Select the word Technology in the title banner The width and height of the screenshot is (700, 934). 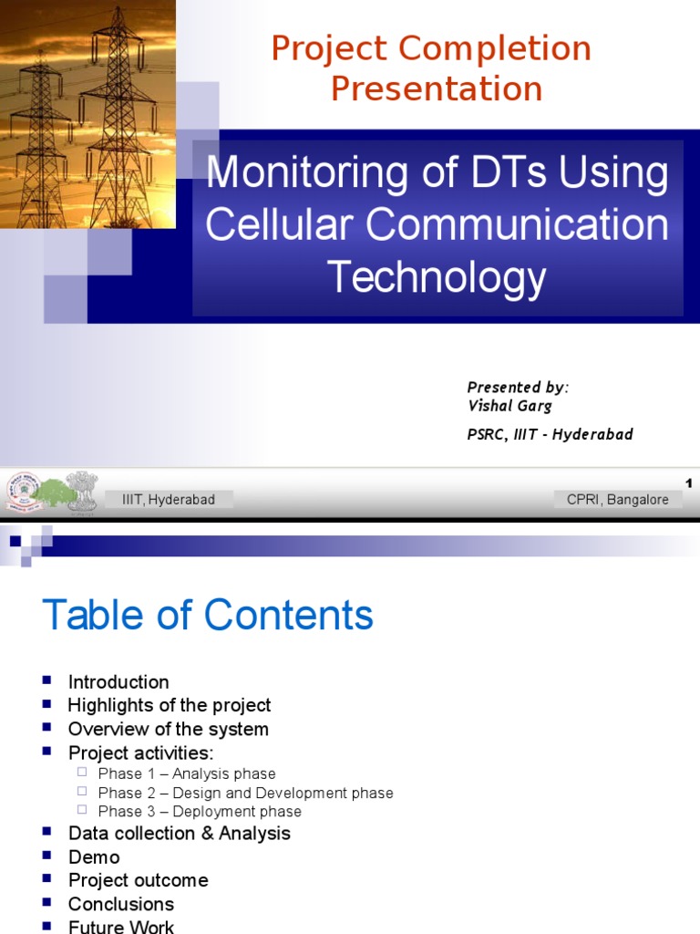pos(437,276)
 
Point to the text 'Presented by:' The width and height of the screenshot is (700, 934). pos(518,387)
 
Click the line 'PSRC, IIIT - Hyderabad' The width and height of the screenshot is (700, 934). pos(550,434)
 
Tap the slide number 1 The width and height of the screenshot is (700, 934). pos(689,483)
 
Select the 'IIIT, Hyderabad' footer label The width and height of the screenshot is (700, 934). pos(169,499)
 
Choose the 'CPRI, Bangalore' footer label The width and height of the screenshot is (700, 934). pos(617,499)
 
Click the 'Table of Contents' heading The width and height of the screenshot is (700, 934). pos(208,616)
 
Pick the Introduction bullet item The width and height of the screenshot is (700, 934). pos(118,682)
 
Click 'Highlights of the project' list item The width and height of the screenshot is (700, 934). pos(170,705)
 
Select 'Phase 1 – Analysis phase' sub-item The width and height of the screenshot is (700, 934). pos(187,773)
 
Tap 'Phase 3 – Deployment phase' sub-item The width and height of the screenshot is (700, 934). pos(200,811)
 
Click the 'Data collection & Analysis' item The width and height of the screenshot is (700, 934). pos(180,833)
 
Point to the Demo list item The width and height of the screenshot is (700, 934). pos(94,856)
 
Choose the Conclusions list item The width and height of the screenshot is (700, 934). pos(121,904)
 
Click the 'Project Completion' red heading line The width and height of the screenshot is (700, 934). pos(431,48)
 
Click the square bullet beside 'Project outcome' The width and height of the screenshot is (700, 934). pos(48,879)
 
